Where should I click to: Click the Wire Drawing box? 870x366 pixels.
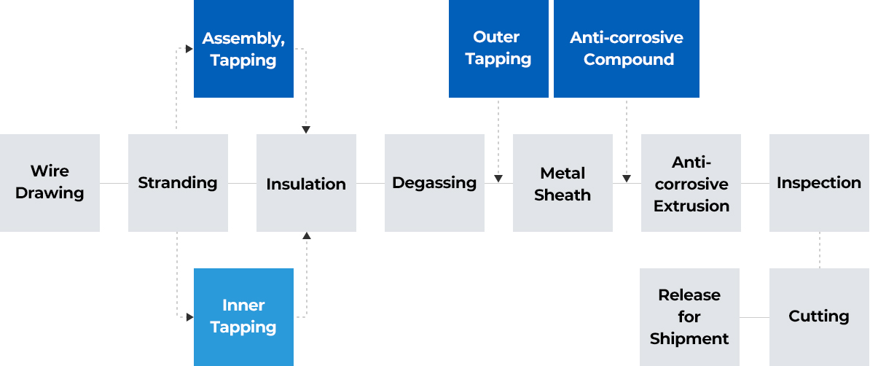click(x=50, y=183)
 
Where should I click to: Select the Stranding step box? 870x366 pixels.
click(x=178, y=183)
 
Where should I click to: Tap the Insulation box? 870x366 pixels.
click(x=306, y=183)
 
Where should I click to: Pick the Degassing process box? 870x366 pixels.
click(x=434, y=183)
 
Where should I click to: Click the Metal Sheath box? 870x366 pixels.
click(x=563, y=183)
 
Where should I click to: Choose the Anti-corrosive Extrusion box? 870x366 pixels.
click(x=691, y=183)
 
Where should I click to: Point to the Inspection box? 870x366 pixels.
click(x=819, y=183)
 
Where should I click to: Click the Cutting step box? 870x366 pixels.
click(x=819, y=316)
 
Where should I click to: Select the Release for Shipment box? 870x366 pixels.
click(x=689, y=316)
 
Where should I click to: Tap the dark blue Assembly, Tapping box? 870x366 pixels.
click(x=243, y=49)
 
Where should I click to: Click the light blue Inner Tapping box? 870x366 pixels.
click(x=243, y=316)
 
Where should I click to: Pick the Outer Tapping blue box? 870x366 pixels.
click(x=498, y=49)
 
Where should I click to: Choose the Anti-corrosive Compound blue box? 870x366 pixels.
click(x=627, y=49)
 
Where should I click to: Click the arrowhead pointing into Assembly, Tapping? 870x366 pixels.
click(x=189, y=49)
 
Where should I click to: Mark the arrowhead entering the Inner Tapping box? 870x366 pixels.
click(x=189, y=317)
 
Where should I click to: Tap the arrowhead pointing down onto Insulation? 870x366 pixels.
click(x=306, y=129)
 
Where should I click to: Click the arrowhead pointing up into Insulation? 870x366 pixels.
click(x=306, y=236)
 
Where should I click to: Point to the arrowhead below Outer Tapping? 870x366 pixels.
click(x=498, y=178)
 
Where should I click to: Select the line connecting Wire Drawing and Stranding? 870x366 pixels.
click(x=114, y=183)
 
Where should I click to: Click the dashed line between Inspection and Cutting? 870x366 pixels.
click(x=820, y=250)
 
